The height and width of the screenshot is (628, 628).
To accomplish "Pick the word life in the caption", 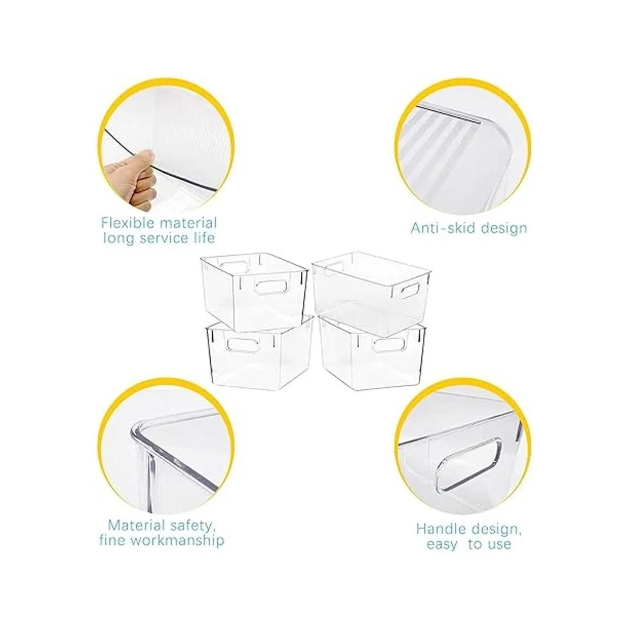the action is point(202,238).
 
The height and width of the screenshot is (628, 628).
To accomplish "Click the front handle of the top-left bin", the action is point(272,287).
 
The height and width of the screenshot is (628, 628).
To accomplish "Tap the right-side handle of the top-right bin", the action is point(408,289).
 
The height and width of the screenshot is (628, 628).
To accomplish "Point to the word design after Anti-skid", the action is point(504,228).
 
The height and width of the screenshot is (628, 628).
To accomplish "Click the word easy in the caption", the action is point(442,544).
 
